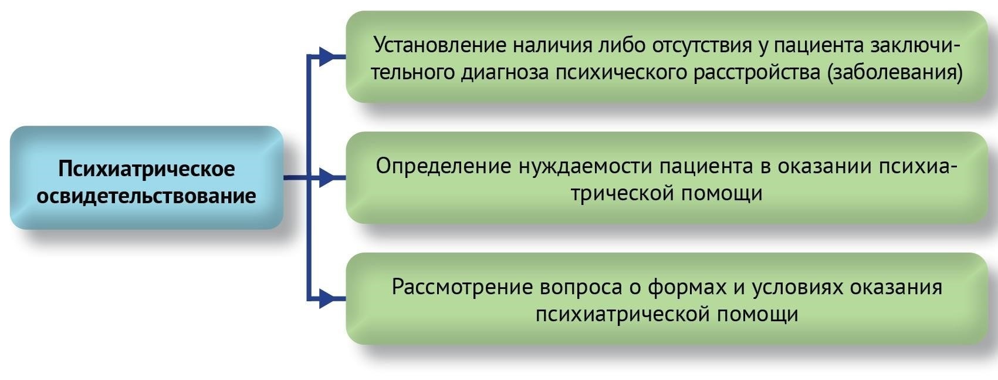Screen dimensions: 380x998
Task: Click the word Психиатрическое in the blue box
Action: pyautogui.click(x=146, y=169)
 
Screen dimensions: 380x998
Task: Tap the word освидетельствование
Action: pyautogui.click(x=146, y=196)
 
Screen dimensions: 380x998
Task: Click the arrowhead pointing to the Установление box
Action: pyautogui.click(x=330, y=56)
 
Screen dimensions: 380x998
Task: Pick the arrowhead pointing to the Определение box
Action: pyautogui.click(x=330, y=177)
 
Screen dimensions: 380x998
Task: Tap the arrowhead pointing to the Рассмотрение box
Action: pyautogui.click(x=330, y=298)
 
